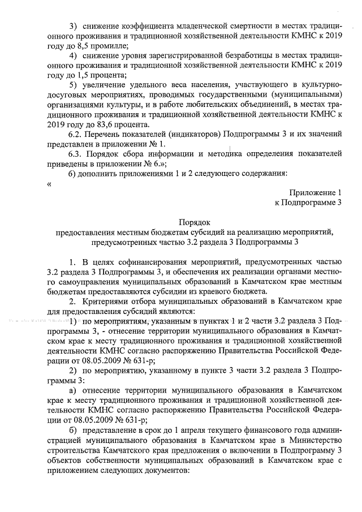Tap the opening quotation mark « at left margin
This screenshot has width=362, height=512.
[x=50, y=183]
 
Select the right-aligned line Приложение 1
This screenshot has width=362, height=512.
[x=316, y=192]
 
